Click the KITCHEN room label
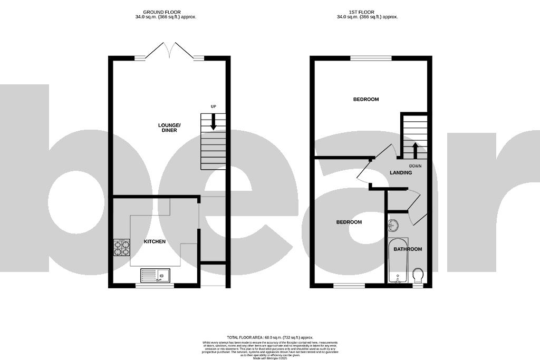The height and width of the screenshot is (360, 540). tap(155, 241)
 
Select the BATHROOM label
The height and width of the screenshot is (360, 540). tap(408, 249)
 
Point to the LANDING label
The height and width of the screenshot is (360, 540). tap(401, 172)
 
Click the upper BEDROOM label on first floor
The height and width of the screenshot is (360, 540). tap(366, 99)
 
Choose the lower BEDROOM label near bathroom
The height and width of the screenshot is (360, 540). tap(349, 222)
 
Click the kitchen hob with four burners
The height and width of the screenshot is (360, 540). tap(121, 248)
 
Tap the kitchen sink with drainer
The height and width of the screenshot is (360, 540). tap(155, 275)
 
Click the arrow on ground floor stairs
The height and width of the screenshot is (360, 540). tap(214, 123)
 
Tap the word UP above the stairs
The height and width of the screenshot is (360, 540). tap(214, 107)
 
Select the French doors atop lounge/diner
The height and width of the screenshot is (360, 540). tap(169, 52)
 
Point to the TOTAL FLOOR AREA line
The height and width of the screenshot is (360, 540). tap(270, 337)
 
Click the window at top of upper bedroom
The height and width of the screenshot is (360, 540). tap(371, 57)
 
